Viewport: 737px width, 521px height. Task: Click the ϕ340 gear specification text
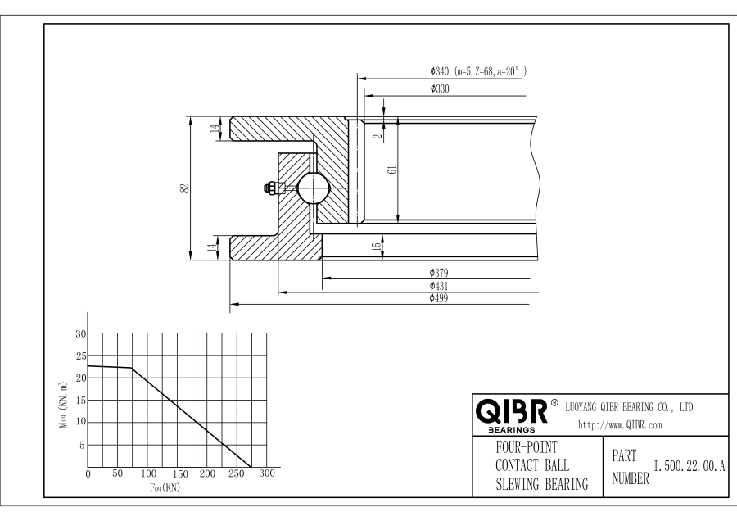coord(477,72)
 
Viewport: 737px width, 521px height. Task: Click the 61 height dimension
coord(392,170)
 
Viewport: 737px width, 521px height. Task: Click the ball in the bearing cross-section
coord(313,188)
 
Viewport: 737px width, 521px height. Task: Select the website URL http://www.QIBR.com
coord(620,424)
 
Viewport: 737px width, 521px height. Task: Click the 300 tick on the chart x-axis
coord(268,474)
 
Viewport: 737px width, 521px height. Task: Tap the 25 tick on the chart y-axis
coord(80,356)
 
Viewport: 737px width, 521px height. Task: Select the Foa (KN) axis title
coord(165,487)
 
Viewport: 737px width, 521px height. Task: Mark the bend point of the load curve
coord(132,369)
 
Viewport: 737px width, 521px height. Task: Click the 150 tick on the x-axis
coord(178,474)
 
